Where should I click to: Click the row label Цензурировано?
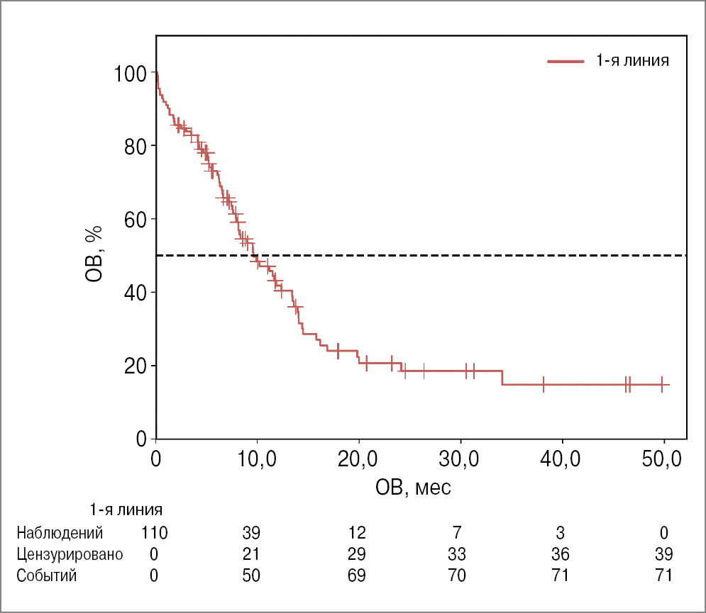click(x=70, y=554)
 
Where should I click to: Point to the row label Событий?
click(x=47, y=575)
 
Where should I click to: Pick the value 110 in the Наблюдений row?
click(x=154, y=533)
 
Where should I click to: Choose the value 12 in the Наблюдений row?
click(x=357, y=533)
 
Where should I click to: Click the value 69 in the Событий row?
click(x=357, y=575)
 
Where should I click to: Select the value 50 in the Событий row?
click(x=252, y=575)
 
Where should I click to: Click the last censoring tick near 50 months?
click(x=661, y=384)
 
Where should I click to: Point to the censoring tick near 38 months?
click(x=544, y=384)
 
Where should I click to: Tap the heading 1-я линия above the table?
click(x=126, y=509)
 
